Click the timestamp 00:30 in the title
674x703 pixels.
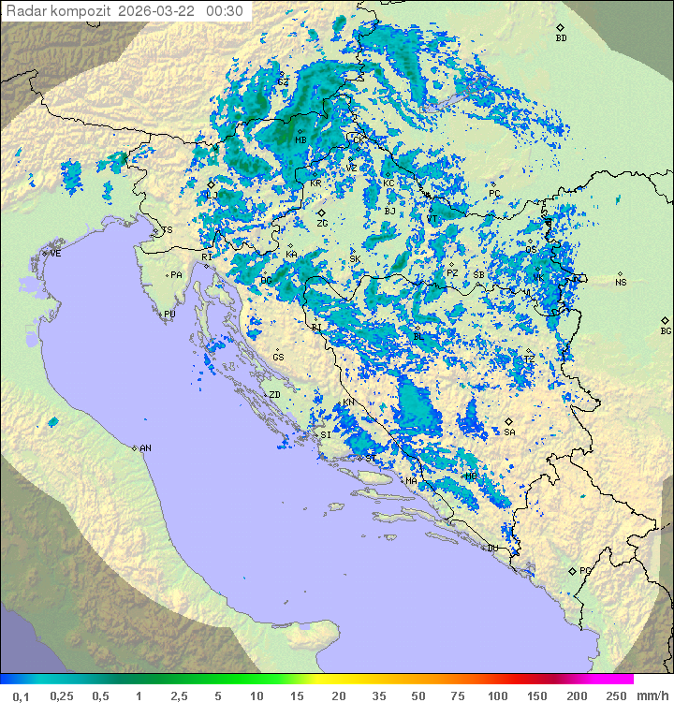tap(225, 11)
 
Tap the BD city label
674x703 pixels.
tap(561, 38)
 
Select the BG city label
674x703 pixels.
tap(666, 330)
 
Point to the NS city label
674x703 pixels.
tap(621, 283)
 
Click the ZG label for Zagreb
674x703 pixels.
tap(322, 224)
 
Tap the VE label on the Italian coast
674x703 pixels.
tap(56, 254)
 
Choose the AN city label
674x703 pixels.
tap(145, 448)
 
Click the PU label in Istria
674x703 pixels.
tap(169, 315)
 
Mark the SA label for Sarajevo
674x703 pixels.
tap(509, 432)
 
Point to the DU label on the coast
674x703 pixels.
tap(492, 549)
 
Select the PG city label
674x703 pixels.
tap(585, 570)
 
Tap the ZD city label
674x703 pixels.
tap(274, 395)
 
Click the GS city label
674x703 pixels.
tap(278, 358)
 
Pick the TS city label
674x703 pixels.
tap(167, 230)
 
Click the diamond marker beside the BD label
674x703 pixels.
tap(560, 28)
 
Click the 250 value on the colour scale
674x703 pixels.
tap(615, 696)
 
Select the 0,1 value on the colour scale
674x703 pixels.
tap(21, 696)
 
